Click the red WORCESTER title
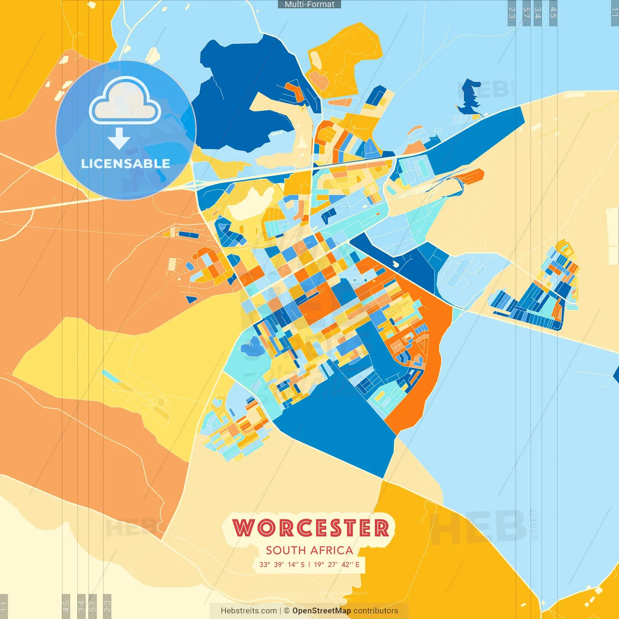[311, 528]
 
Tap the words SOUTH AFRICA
[309, 550]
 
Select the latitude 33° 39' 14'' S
[282, 564]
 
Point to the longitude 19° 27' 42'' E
[337, 564]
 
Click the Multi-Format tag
[309, 4]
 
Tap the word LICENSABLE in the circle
[126, 163]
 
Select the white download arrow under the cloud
[119, 138]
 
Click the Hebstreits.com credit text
[249, 611]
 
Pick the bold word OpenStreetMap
[322, 611]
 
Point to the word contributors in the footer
[376, 611]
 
